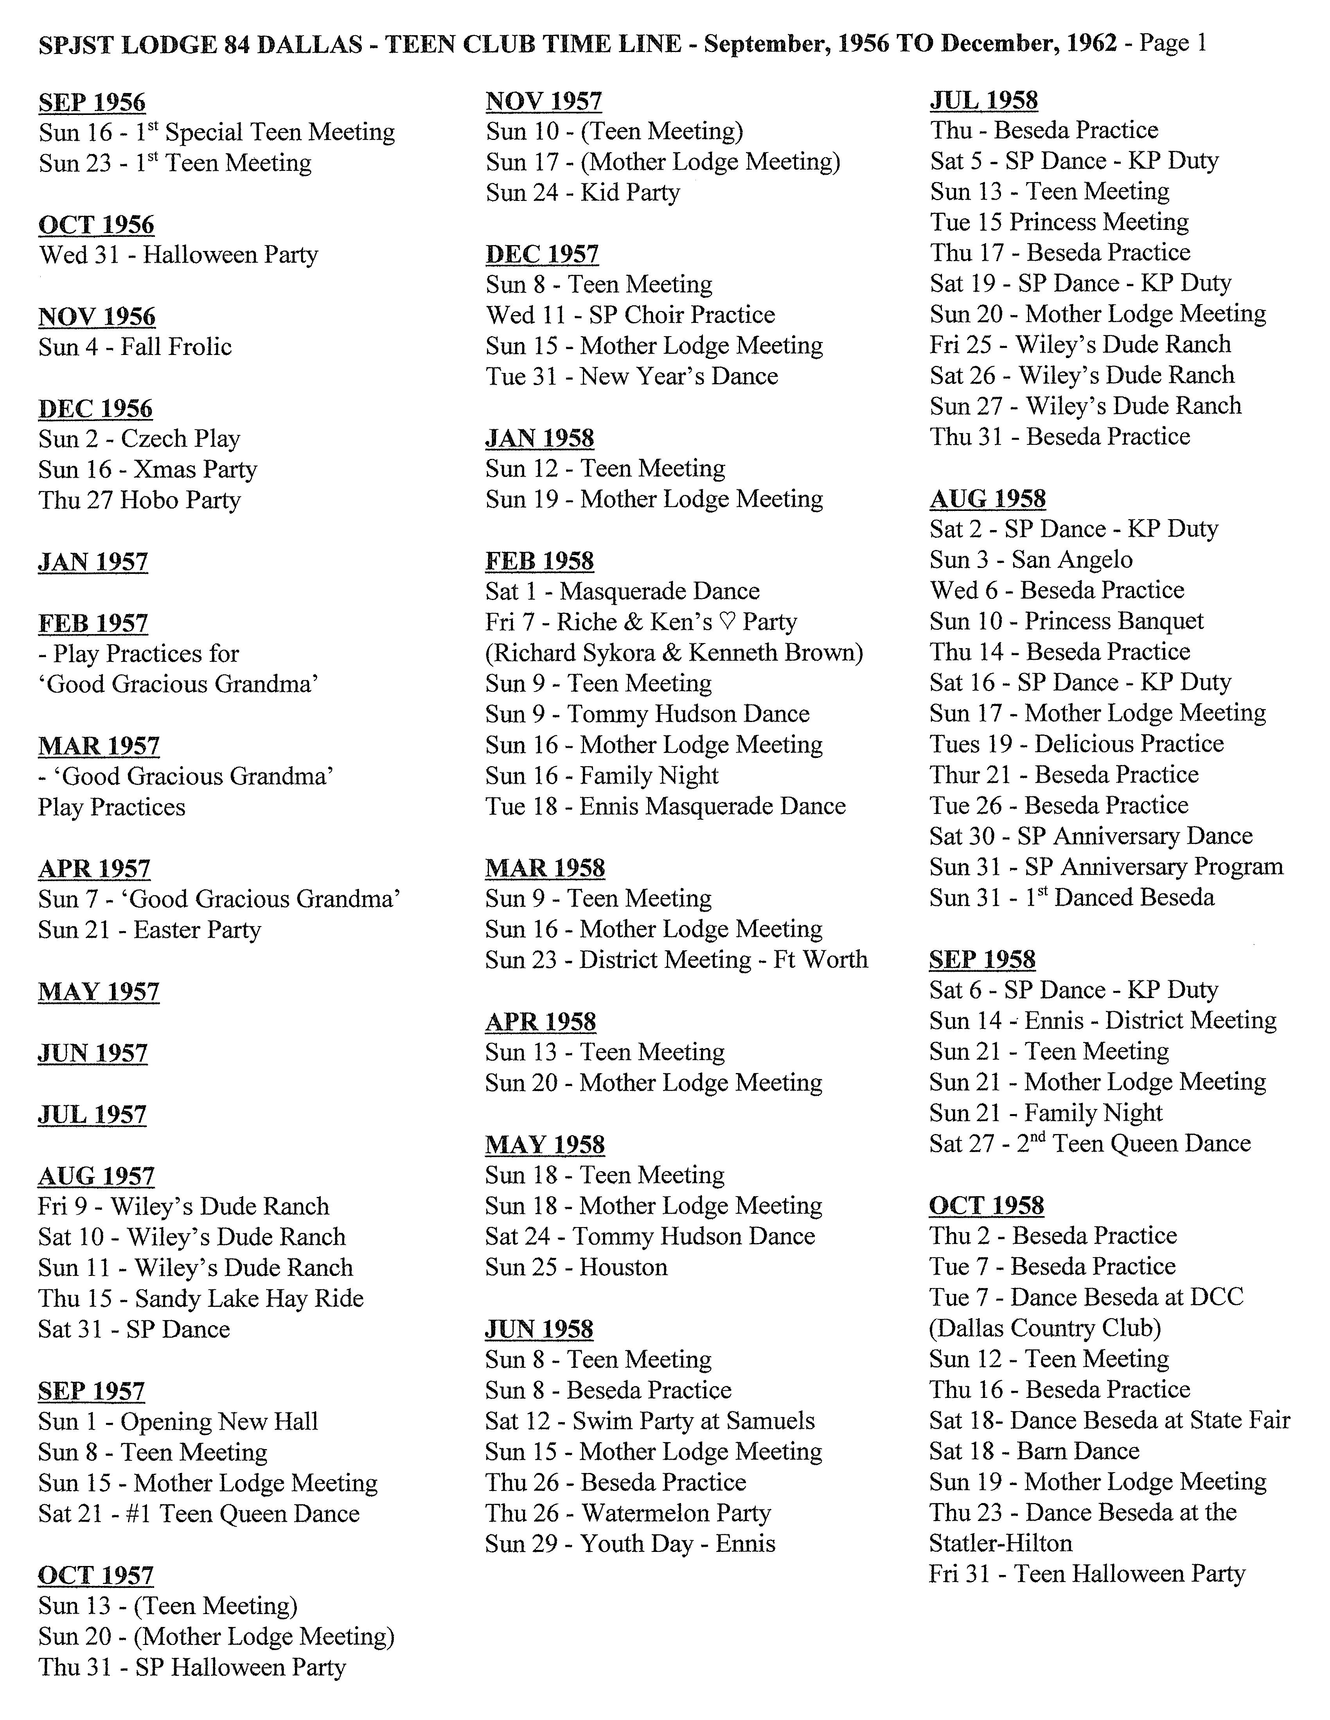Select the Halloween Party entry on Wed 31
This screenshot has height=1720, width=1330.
(x=178, y=255)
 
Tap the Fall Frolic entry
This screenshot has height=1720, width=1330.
(x=135, y=347)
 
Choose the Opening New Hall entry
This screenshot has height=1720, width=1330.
(x=178, y=1421)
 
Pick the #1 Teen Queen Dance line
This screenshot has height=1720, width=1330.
(x=199, y=1514)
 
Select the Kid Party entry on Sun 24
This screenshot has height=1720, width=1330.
(x=582, y=193)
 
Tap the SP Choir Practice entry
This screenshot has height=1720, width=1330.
(x=630, y=315)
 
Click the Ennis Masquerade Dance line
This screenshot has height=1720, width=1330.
(x=665, y=806)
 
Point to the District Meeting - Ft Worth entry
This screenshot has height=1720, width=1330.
(x=676, y=960)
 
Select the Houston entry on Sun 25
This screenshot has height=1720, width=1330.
(x=576, y=1267)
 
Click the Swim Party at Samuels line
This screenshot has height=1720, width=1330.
(x=650, y=1421)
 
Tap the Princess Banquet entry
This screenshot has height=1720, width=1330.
(x=1066, y=622)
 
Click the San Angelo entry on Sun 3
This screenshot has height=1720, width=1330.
(x=1031, y=560)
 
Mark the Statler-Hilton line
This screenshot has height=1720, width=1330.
(x=1001, y=1544)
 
